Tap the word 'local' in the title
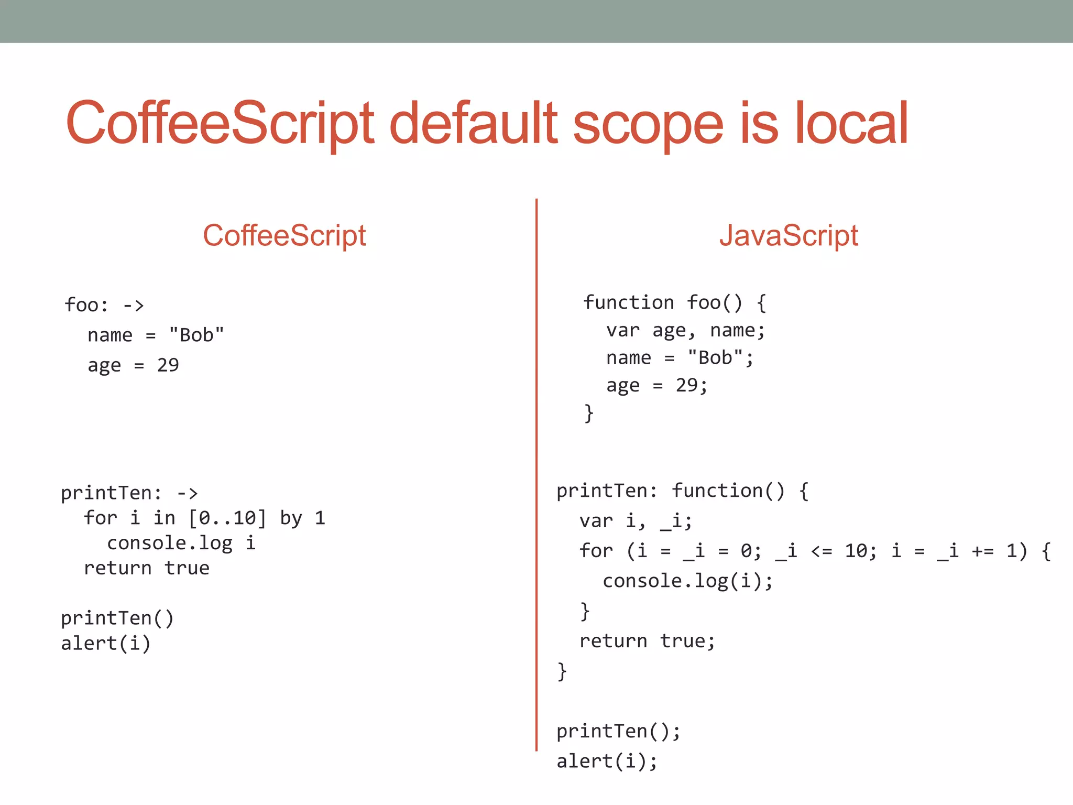coord(851,124)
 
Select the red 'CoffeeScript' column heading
coord(284,235)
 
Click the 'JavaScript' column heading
coord(789,235)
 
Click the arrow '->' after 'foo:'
coord(133,305)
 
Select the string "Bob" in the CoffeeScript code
coord(196,335)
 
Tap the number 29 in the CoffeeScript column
coord(168,365)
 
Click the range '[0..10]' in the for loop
coord(227,518)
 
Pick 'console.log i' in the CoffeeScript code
coord(181,543)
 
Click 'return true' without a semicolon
coord(147,568)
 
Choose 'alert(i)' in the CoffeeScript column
coord(106,644)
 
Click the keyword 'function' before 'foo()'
coord(628,302)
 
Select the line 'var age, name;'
coord(685,331)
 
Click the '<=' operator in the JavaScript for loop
coord(822,551)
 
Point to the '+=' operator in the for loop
coord(983,551)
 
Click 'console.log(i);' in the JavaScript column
coord(687,581)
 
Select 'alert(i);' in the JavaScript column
coord(607,762)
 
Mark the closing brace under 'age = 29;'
coord(589,413)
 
